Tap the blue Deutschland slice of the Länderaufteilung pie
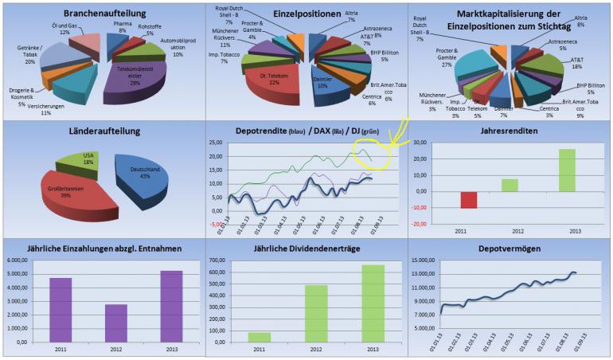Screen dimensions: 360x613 (143, 179)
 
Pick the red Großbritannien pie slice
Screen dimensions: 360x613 (68, 195)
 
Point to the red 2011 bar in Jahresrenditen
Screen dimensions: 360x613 (448, 199)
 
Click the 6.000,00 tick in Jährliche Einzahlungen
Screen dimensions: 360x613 (17, 260)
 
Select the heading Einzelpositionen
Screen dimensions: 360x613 (305, 14)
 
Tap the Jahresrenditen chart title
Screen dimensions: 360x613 (510, 131)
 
